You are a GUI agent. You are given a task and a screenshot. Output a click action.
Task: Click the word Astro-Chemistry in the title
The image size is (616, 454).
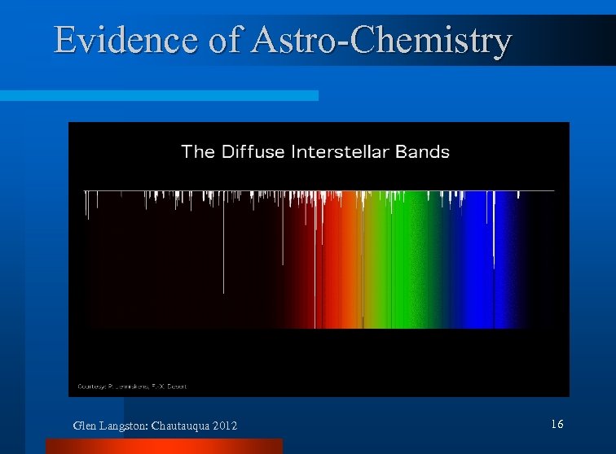[382, 41]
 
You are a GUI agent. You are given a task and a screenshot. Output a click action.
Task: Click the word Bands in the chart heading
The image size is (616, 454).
[422, 151]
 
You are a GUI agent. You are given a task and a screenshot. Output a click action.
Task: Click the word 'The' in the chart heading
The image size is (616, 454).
[197, 151]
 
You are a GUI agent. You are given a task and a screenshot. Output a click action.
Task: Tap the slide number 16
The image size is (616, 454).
[557, 424]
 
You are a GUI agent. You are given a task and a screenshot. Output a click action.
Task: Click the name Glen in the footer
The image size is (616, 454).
[84, 426]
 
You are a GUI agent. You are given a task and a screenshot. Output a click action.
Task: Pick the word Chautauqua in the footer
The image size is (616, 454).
[186, 426]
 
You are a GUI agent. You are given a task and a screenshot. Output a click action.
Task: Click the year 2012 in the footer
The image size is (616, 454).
[226, 426]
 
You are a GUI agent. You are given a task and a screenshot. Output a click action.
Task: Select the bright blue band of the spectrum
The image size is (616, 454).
[477, 268]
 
